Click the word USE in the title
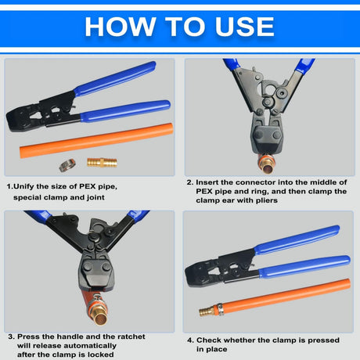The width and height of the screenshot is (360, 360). tap(244, 27)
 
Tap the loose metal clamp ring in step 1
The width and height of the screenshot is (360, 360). tap(67, 165)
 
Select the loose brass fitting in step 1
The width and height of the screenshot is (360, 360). tap(102, 162)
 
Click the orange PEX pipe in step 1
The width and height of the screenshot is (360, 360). tap(96, 140)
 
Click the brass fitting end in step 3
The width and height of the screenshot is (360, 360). tap(98, 313)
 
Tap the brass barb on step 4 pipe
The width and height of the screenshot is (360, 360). tap(207, 311)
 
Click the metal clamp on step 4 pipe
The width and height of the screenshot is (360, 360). tap(219, 309)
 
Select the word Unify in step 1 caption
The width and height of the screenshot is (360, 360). tap(23, 186)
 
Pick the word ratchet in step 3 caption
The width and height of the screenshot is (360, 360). tap(131, 337)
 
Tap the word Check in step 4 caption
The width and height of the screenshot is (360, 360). tap(208, 340)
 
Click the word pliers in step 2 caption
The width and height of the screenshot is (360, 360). tap(267, 200)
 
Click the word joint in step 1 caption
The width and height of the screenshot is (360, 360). tap(95, 197)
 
